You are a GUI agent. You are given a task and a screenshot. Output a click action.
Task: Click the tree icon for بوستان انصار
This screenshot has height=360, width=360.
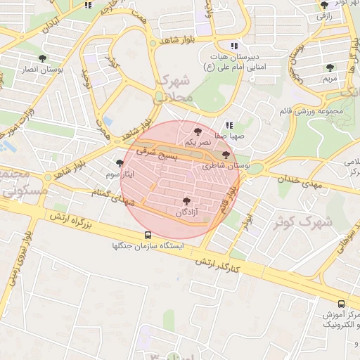point(44,58)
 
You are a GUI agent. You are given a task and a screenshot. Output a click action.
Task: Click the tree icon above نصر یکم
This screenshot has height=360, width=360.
point(198,131)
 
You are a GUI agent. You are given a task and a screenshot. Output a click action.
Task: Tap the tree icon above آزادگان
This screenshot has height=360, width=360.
point(186,201)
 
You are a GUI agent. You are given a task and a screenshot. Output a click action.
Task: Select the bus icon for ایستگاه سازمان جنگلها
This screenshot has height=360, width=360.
point(148,235)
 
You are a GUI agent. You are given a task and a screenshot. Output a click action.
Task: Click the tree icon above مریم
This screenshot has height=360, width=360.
point(330,67)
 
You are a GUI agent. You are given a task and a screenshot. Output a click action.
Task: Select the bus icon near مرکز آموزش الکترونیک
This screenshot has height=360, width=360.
point(341,304)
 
